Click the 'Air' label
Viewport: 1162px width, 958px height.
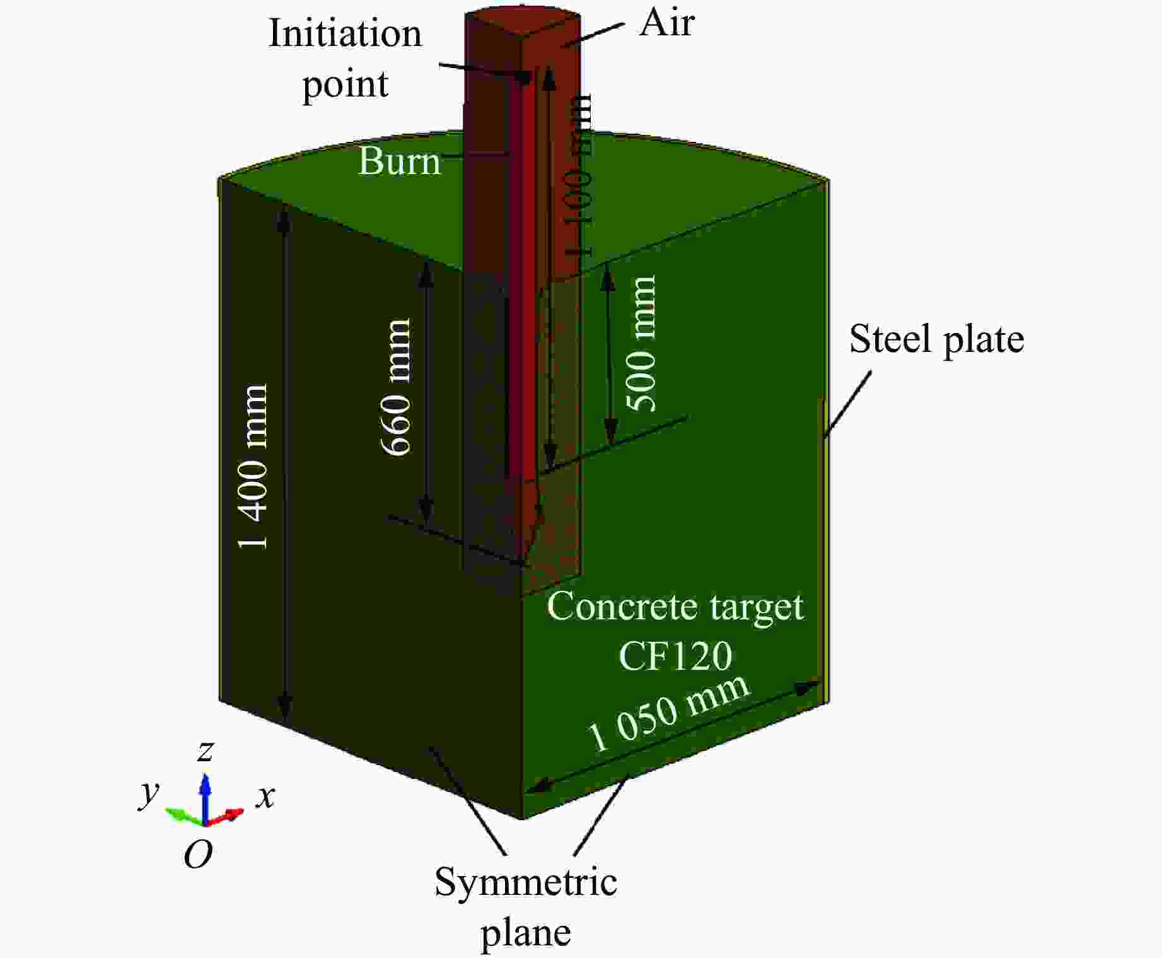point(666,23)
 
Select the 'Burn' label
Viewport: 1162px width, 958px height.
point(399,161)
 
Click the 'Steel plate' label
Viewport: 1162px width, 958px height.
point(936,340)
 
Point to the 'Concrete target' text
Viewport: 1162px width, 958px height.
point(675,607)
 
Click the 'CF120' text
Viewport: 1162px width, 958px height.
point(675,656)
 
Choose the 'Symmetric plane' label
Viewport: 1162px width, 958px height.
point(525,906)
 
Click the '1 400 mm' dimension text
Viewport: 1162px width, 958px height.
point(253,467)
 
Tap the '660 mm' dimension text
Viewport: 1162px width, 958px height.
point(397,387)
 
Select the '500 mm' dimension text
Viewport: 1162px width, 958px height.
point(641,344)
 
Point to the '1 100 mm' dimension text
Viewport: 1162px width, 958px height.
point(578,177)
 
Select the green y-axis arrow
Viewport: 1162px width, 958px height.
point(183,815)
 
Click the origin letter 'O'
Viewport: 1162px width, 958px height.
point(198,856)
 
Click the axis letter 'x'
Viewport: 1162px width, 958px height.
point(265,796)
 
